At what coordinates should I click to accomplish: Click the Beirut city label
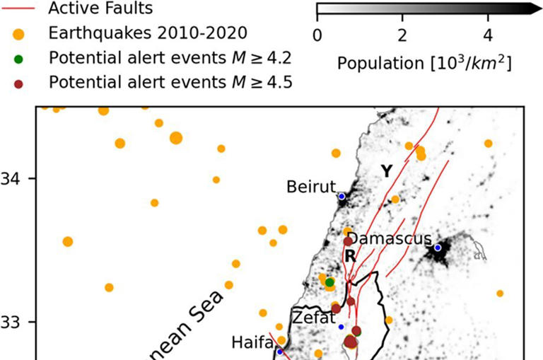pos(310,187)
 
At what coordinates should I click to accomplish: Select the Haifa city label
pos(252,342)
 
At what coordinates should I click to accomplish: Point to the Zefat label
pos(314,317)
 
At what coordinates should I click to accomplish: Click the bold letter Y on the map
pos(386,170)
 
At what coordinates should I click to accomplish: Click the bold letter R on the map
pos(349,257)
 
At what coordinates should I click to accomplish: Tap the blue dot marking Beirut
pos(342,196)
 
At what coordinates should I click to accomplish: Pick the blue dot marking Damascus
pos(438,248)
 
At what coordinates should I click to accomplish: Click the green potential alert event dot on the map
pos(329,282)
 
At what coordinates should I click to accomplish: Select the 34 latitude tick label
pos(11,178)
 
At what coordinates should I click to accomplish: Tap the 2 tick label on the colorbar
pos(402,35)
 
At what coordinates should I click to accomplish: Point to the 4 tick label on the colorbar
pos(488,35)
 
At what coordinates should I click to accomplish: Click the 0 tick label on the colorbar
pos(317,35)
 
